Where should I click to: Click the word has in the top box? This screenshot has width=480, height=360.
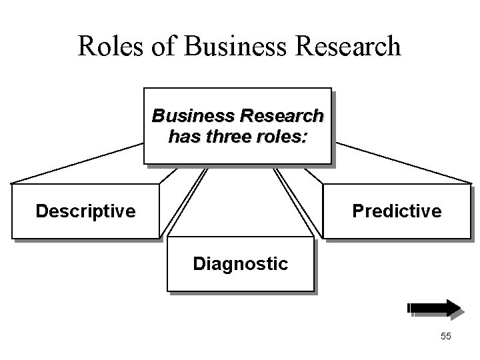[x=182, y=137]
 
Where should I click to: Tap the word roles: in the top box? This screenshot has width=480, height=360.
[x=279, y=137]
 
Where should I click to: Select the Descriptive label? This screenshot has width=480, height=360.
[x=85, y=212]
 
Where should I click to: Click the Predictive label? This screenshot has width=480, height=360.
[x=397, y=212]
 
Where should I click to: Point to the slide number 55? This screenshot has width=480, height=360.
[x=446, y=337]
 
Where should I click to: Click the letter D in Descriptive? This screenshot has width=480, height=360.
[x=41, y=212]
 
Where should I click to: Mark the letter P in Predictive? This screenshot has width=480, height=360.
[x=357, y=212]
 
